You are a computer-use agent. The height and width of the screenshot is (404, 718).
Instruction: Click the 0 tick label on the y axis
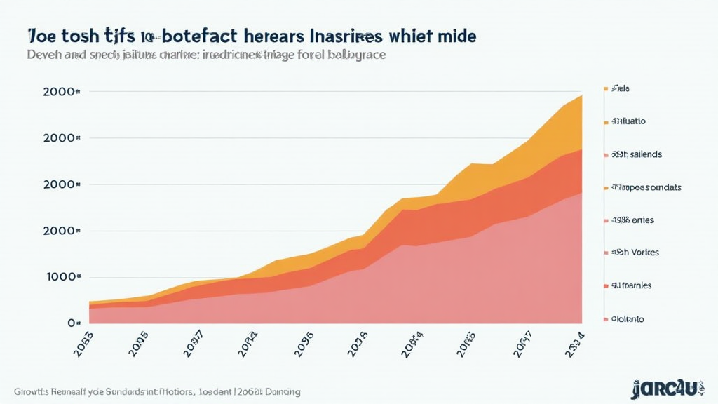pyautogui.click(x=72, y=323)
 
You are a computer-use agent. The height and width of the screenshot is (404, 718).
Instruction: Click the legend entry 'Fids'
pyautogui.click(x=621, y=89)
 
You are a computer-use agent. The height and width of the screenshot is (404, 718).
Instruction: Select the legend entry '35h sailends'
pyautogui.click(x=637, y=154)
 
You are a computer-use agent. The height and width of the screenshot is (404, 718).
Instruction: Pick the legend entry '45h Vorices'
pyautogui.click(x=635, y=252)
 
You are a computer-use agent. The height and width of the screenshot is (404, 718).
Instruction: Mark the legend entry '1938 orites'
pyautogui.click(x=633, y=220)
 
